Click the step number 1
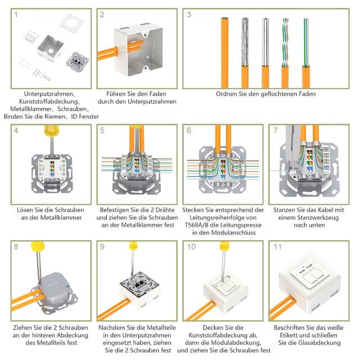17,15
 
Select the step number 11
277,246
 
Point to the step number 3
189,15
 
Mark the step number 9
102,246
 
